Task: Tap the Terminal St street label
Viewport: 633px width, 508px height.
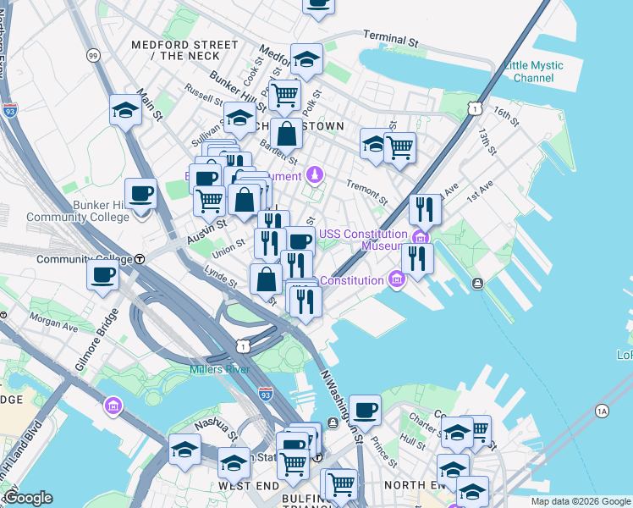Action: tap(391, 38)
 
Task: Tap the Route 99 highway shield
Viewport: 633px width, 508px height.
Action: tap(92, 56)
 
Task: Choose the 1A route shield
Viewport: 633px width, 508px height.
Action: tap(602, 411)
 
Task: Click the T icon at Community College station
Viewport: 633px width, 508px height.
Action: tap(140, 259)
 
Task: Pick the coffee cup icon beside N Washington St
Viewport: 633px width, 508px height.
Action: tap(366, 410)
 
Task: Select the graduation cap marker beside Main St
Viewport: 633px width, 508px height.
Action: tap(125, 110)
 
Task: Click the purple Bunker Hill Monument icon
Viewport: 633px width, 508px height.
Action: tap(315, 175)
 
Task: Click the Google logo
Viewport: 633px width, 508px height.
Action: tap(28, 499)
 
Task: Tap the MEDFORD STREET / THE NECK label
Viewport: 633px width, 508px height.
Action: tap(182, 50)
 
